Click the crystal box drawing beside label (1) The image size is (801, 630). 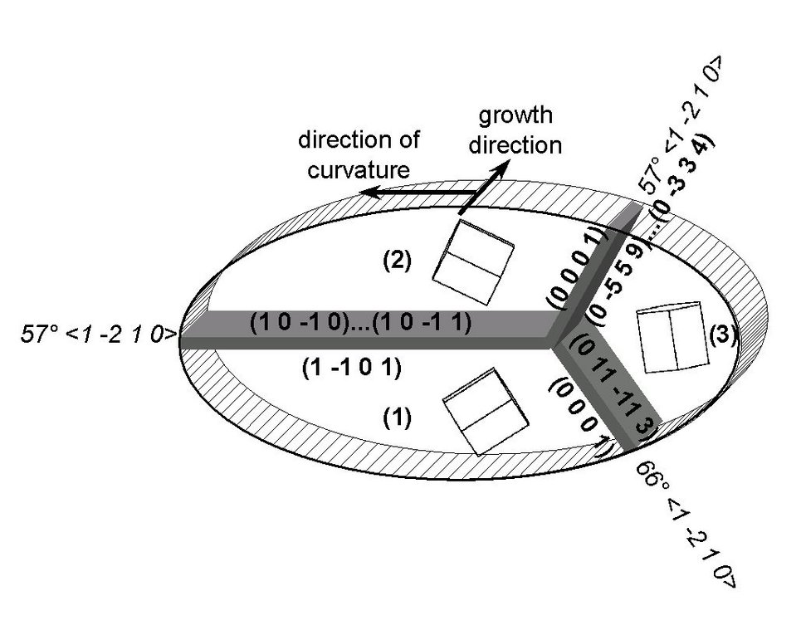(x=486, y=412)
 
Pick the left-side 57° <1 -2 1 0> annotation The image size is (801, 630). (x=97, y=335)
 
